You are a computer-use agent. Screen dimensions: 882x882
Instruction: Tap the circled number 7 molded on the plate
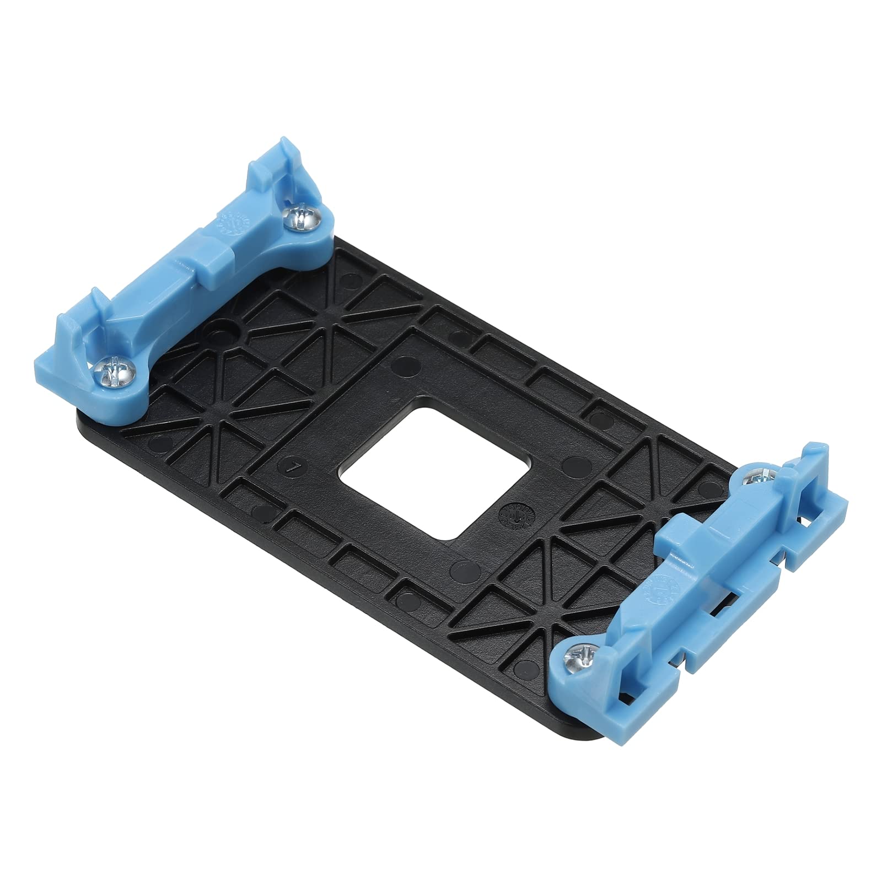pos(295,467)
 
